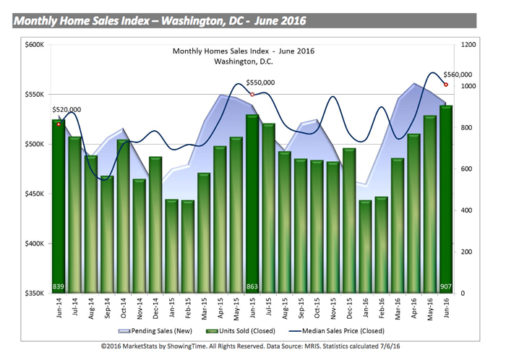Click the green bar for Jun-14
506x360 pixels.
[x=59, y=210]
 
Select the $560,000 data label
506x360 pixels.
[x=457, y=74]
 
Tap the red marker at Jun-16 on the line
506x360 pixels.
[x=445, y=85]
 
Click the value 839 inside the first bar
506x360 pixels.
[x=59, y=287]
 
